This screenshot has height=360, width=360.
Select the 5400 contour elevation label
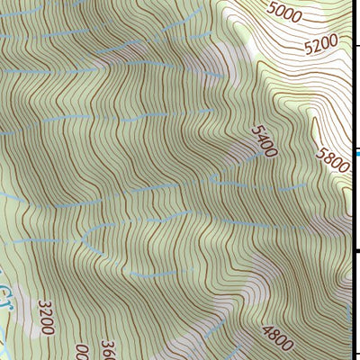coord(262,142)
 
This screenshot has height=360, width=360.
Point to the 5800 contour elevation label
coord(331,162)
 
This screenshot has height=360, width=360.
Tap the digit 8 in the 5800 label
coord(328,159)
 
